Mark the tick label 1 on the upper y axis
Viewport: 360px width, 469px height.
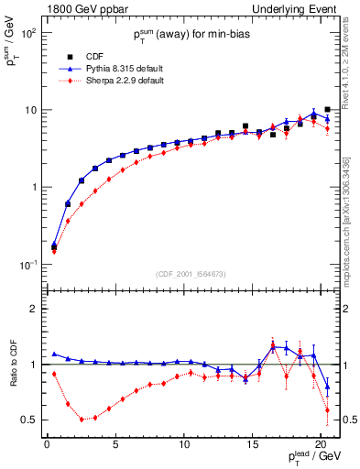tap(33, 188)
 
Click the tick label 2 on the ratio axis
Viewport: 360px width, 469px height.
tap(33, 309)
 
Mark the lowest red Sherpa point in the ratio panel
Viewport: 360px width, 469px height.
tap(82, 419)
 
